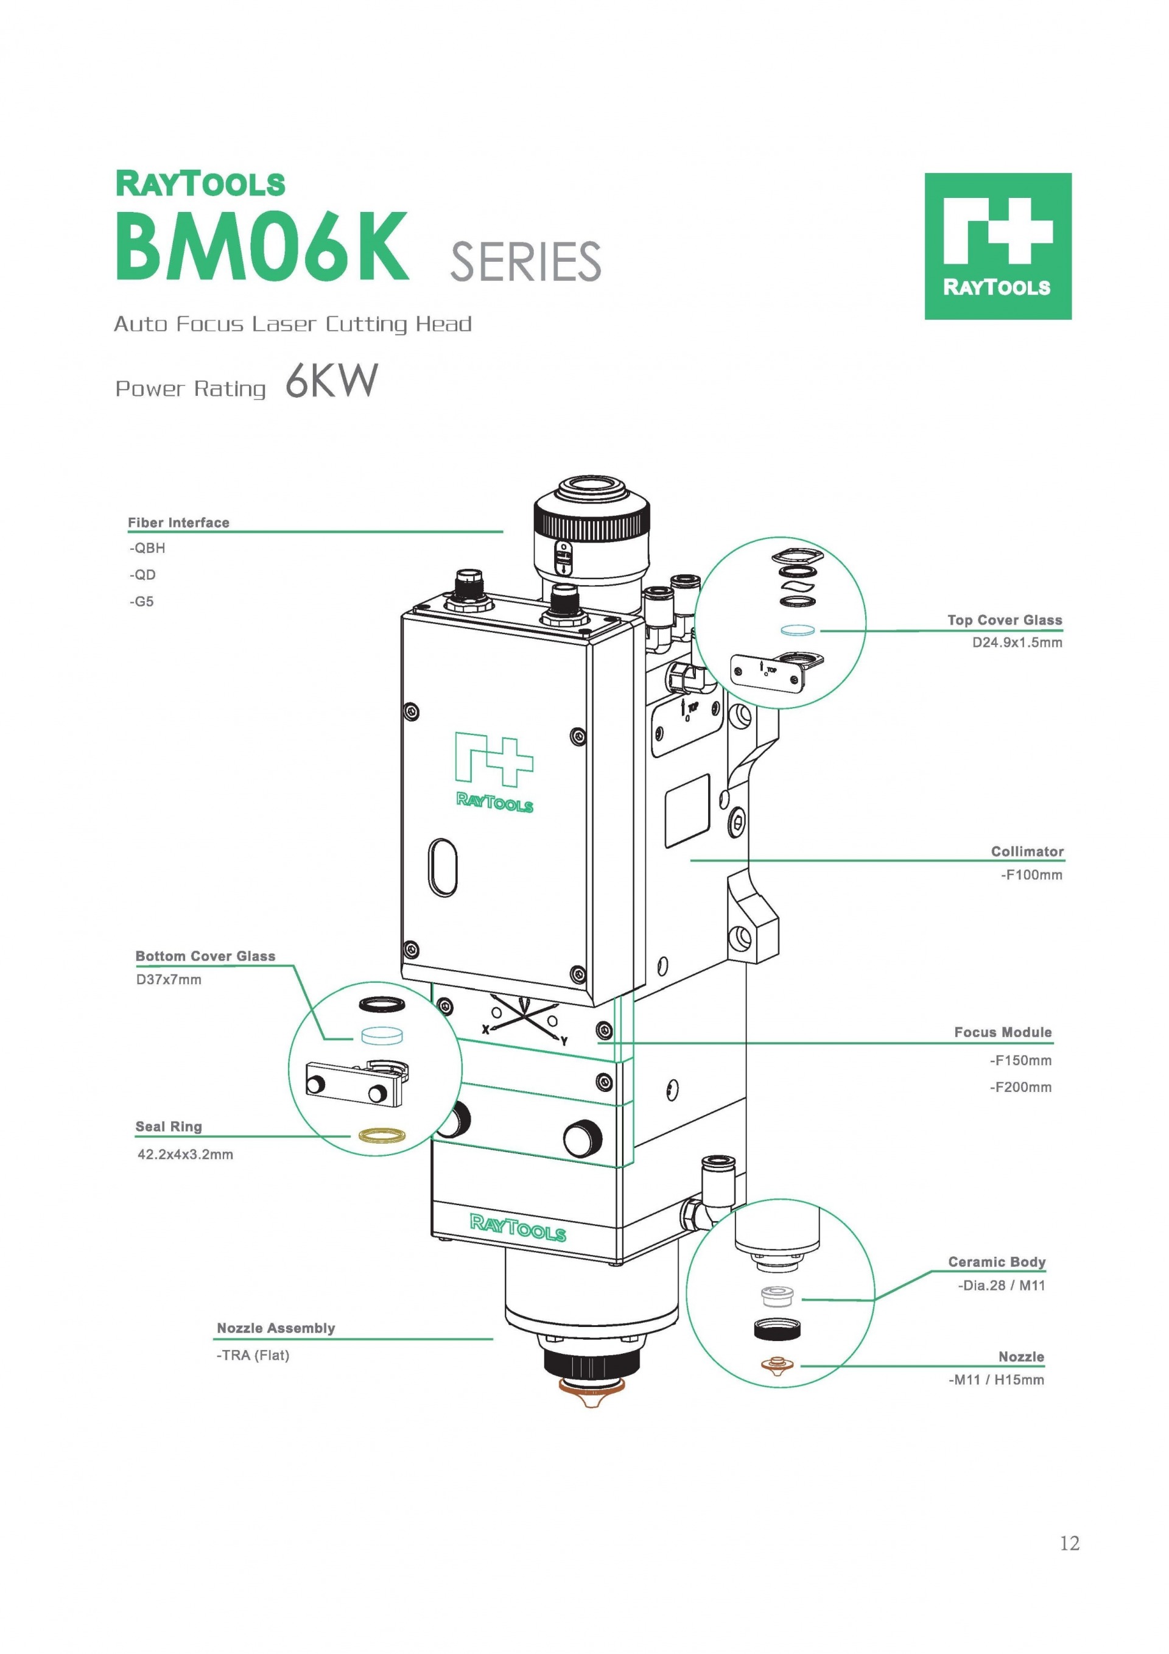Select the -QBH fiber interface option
(x=148, y=548)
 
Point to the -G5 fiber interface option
(x=142, y=602)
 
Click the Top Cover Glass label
(x=1004, y=619)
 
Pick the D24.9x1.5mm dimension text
(x=1016, y=642)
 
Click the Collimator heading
(x=1027, y=851)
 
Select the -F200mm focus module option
(x=1020, y=1087)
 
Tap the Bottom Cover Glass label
(x=205, y=956)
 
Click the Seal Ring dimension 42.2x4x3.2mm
(x=185, y=1154)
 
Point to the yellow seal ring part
(x=382, y=1135)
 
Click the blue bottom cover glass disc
(x=381, y=1036)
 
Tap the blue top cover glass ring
(x=798, y=630)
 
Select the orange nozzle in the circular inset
(x=777, y=1364)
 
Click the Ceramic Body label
(x=996, y=1261)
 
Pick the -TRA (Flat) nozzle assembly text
(x=253, y=1355)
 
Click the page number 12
(x=1069, y=1543)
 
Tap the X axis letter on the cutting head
(x=485, y=1029)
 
